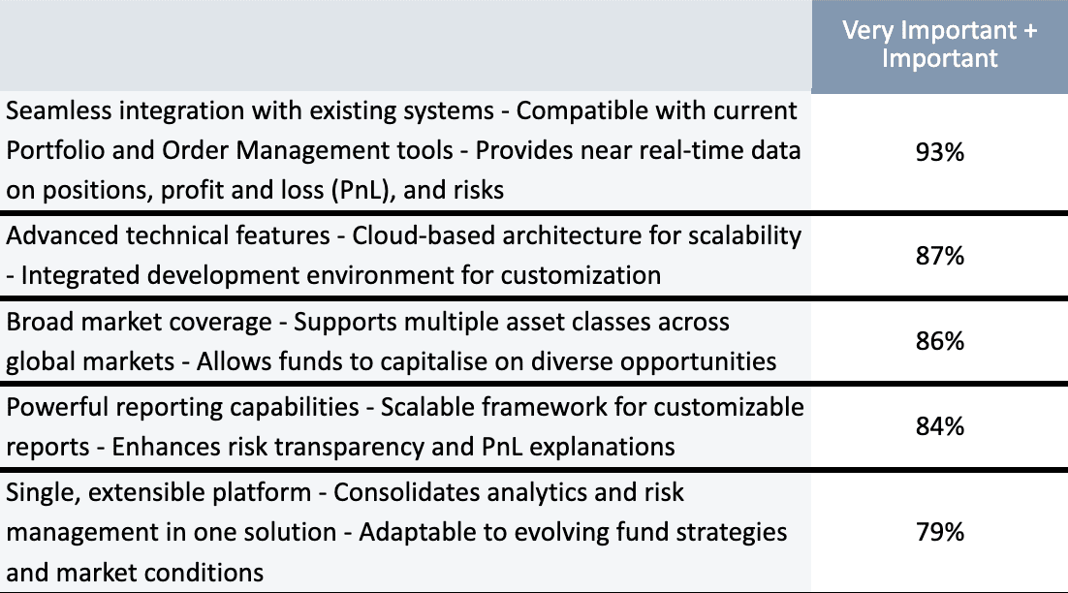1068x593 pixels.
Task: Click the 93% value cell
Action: tap(939, 152)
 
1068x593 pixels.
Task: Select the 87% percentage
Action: tap(939, 256)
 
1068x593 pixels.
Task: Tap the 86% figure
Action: tap(939, 341)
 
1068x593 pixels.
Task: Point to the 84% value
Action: tap(939, 427)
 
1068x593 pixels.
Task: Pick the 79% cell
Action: tap(939, 532)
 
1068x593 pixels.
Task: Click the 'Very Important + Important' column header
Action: tap(939, 45)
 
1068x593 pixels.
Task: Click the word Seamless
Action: tap(58, 110)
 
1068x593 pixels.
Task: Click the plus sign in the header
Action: tap(1029, 31)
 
